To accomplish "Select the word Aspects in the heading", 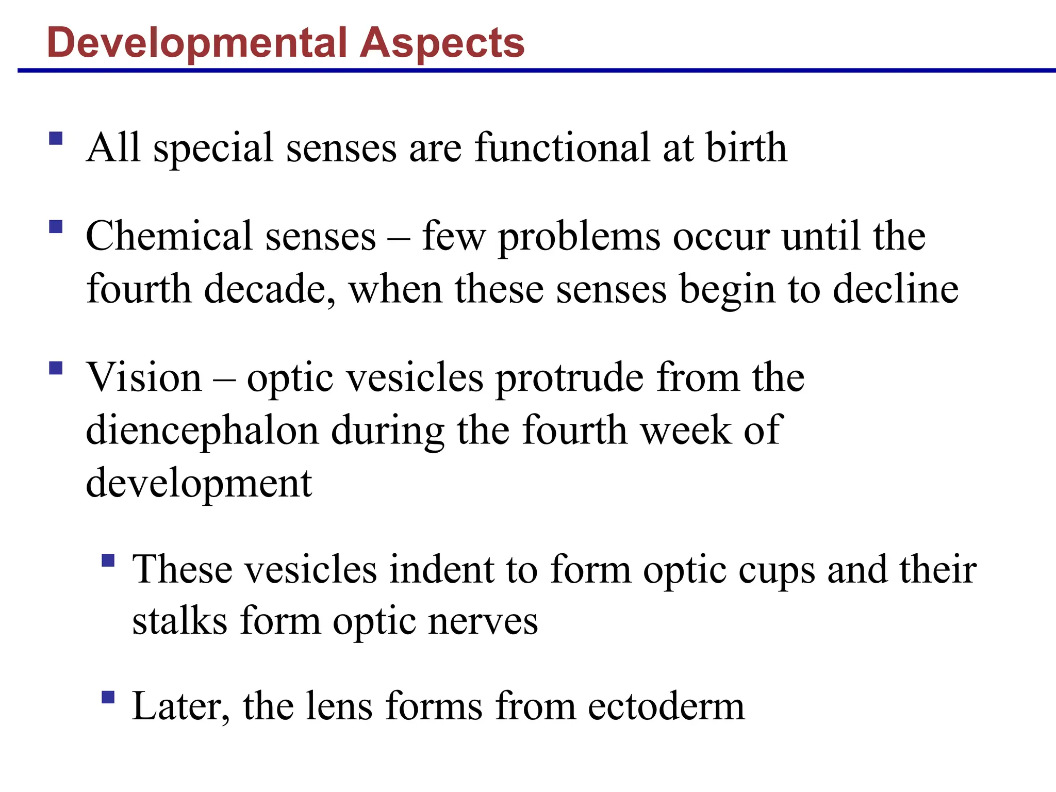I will (x=442, y=42).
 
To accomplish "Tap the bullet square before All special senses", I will (x=56, y=138).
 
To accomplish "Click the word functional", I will (x=562, y=148).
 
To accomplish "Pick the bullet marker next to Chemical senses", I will (x=56, y=227).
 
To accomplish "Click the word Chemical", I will (x=169, y=236).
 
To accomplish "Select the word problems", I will (x=579, y=237).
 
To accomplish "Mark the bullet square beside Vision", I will (x=56, y=368).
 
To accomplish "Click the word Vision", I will (x=144, y=377).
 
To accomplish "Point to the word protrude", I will (x=570, y=378).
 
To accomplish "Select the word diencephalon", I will (x=202, y=431).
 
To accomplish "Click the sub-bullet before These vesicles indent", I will (x=108, y=560).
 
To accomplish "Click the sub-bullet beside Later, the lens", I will (x=108, y=697).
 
